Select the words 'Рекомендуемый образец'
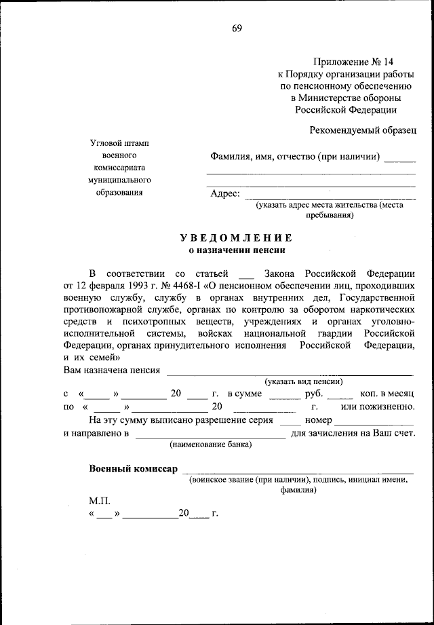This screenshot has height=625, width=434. click(x=363, y=128)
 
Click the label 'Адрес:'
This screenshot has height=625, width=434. click(x=225, y=193)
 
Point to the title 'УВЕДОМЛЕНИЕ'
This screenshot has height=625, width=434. click(x=236, y=238)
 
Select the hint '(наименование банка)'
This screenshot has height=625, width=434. click(x=210, y=445)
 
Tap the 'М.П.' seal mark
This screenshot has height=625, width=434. click(x=99, y=500)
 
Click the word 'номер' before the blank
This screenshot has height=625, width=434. click(x=319, y=420)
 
